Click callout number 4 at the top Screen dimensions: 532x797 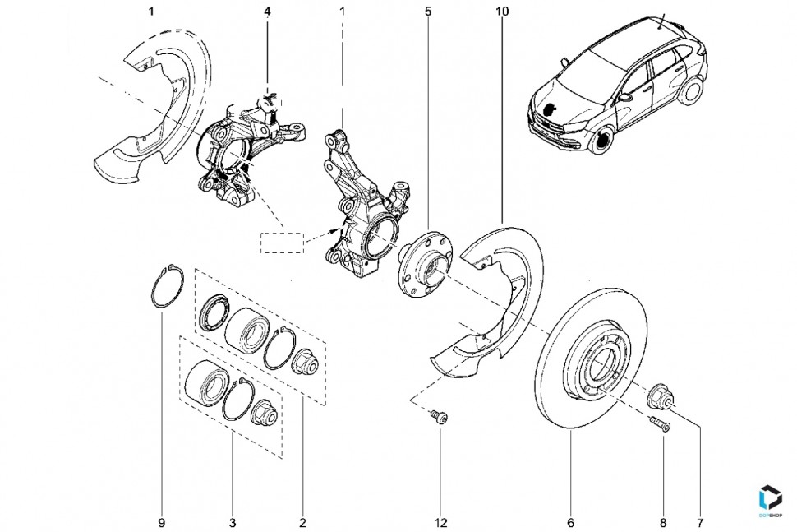click(267, 12)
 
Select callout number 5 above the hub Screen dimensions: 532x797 click(428, 12)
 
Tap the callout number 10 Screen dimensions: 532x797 click(502, 12)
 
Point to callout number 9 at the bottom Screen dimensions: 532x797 click(162, 522)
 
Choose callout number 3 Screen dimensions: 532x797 click(233, 522)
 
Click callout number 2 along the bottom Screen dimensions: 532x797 click(302, 522)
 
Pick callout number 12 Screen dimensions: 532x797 click(441, 522)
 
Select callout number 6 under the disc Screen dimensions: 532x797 click(570, 522)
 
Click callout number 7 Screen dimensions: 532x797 click(701, 522)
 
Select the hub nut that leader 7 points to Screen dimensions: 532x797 click(661, 397)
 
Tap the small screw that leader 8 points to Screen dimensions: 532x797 click(660, 424)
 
